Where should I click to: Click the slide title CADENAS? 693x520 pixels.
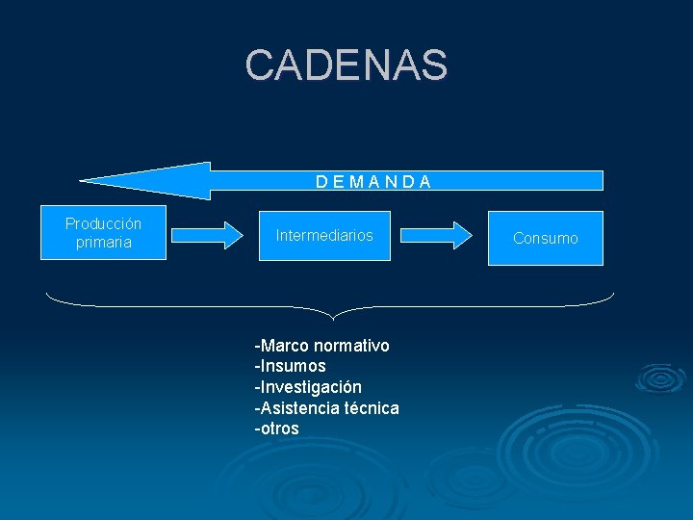(x=346, y=65)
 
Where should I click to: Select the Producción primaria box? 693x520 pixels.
(x=104, y=233)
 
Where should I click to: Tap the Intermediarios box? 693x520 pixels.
(x=324, y=235)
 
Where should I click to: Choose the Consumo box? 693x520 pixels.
(x=545, y=238)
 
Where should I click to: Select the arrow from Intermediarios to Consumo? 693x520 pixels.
(x=437, y=234)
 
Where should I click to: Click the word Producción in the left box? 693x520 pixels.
(x=103, y=223)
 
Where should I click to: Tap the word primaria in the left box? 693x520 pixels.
(x=103, y=243)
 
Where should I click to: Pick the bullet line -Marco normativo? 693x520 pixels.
(x=321, y=345)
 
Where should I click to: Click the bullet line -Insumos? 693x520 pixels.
(x=290, y=366)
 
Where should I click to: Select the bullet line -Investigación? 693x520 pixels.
(x=308, y=387)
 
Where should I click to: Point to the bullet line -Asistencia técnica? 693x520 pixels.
(x=326, y=408)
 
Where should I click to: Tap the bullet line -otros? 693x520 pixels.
(x=276, y=429)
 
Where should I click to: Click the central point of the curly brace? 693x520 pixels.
(x=332, y=315)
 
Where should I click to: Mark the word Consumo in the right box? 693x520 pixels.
(x=545, y=238)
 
